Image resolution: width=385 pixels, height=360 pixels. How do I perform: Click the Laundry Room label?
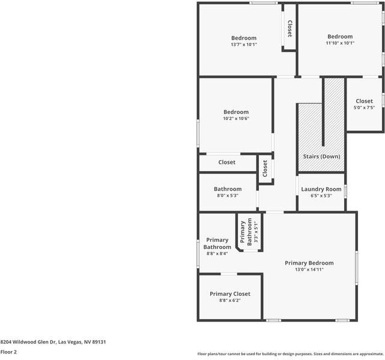(x=321, y=189)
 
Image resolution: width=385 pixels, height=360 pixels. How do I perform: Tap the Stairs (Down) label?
(x=321, y=157)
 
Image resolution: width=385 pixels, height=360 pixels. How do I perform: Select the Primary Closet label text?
(x=229, y=293)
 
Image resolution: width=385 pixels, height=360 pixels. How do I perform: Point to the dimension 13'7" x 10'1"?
(x=243, y=44)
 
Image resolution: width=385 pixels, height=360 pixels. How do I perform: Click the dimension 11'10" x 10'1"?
(x=340, y=43)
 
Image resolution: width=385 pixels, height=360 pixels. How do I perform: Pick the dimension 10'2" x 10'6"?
(x=235, y=119)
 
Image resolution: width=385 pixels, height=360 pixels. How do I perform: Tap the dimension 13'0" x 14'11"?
(x=309, y=269)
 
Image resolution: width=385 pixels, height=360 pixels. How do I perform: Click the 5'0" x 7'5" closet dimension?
(x=364, y=108)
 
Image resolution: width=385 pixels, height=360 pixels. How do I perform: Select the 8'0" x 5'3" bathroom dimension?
(x=227, y=196)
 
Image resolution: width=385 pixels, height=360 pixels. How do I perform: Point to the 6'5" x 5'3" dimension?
(x=321, y=196)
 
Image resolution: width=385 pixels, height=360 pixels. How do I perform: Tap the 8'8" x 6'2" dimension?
(x=229, y=301)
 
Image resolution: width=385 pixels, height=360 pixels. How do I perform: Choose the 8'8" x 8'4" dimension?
(x=217, y=254)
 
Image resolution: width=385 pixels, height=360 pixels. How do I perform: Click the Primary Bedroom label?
(x=309, y=263)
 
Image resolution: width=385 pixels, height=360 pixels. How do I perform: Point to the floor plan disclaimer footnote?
(x=291, y=353)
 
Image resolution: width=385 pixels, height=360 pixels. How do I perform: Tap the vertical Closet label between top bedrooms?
(x=289, y=29)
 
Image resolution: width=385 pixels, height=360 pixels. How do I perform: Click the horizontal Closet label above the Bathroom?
(x=226, y=162)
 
